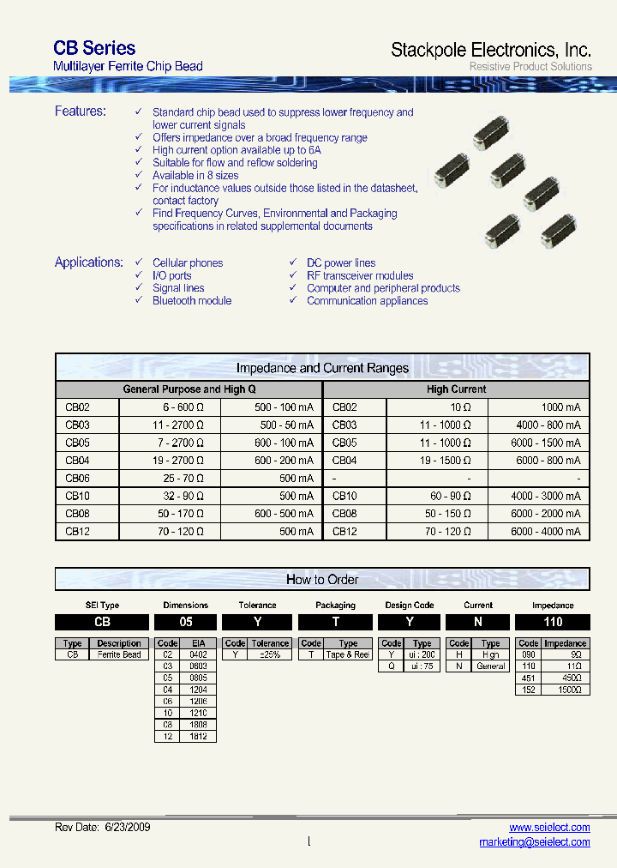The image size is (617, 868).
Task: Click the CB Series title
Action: tap(94, 48)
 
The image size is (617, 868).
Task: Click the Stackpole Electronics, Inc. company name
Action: tap(490, 50)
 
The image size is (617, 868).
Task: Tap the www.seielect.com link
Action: tap(549, 828)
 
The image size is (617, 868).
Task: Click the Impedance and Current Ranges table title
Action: tap(322, 369)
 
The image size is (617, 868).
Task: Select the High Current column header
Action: tap(456, 389)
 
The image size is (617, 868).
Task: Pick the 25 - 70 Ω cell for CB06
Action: tap(182, 479)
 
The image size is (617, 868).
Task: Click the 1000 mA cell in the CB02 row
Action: tap(560, 408)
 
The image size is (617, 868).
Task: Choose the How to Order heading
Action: tap(322, 580)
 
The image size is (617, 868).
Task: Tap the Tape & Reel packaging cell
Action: tap(348, 655)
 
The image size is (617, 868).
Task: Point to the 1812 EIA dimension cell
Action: tap(198, 736)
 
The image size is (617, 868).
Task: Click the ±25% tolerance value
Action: tap(270, 655)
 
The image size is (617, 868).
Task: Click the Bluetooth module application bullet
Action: tap(192, 301)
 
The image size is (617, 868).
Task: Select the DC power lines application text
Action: tap(341, 263)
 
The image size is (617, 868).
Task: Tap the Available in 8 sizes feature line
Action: tap(195, 175)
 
